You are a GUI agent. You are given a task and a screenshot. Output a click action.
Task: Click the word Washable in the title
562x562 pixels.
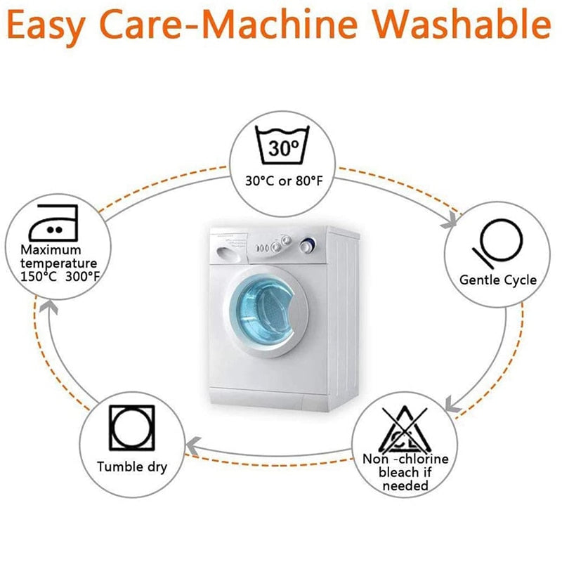[462, 24]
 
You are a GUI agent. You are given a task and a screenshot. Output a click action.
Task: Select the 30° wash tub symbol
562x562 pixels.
[282, 145]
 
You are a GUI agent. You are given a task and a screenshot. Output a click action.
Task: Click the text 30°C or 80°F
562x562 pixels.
[284, 181]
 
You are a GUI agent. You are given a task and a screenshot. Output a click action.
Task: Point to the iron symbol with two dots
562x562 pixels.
[53, 223]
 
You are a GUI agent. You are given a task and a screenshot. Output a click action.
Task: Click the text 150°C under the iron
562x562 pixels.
[39, 277]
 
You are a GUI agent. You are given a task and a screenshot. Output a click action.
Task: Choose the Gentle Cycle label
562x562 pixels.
[498, 280]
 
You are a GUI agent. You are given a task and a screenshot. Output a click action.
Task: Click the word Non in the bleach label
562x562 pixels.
[375, 459]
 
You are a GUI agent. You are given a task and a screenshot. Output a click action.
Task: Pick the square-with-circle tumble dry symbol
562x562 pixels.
[132, 428]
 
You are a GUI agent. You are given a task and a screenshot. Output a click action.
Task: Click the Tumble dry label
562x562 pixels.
[132, 467]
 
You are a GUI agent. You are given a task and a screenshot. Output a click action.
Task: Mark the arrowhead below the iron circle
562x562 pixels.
[48, 307]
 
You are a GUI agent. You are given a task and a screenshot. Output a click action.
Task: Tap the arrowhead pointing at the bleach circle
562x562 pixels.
[452, 405]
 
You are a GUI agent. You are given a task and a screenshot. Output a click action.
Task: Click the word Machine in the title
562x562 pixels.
[282, 24]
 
